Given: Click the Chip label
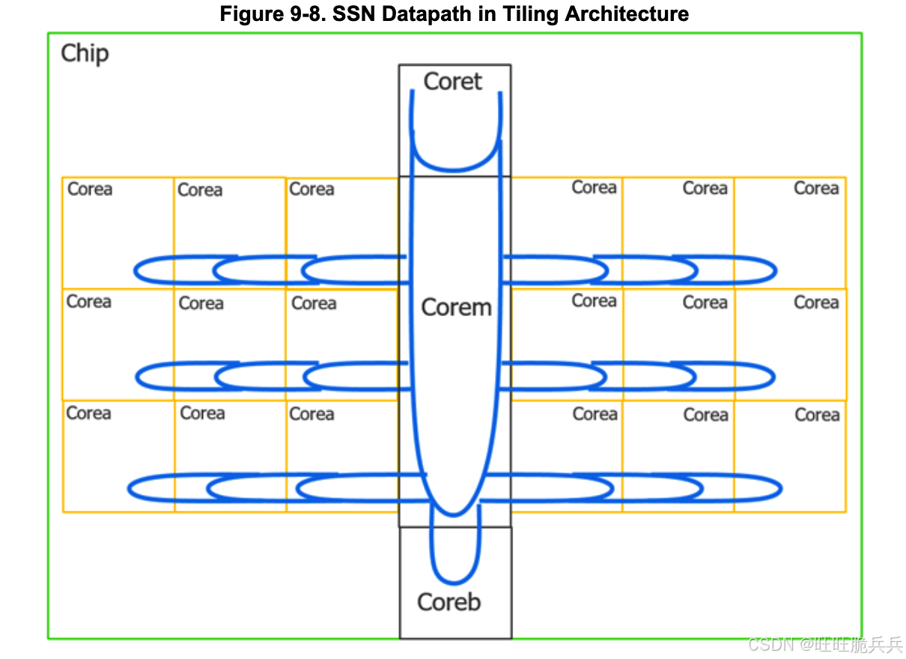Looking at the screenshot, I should click(x=85, y=53).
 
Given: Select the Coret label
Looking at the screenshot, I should click(x=452, y=81).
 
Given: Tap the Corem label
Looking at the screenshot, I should click(x=456, y=307).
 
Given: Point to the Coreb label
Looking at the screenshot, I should click(x=449, y=601).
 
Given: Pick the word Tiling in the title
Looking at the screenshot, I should click(x=535, y=13).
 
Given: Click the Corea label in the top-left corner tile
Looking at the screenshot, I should click(x=90, y=189).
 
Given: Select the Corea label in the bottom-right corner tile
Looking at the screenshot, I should click(x=817, y=415).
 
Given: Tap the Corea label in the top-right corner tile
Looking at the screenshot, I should click(x=816, y=188).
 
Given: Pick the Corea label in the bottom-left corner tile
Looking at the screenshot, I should click(x=88, y=413).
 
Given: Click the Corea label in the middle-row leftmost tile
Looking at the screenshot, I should click(x=88, y=301).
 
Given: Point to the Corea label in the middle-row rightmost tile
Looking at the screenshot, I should click(x=816, y=302).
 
